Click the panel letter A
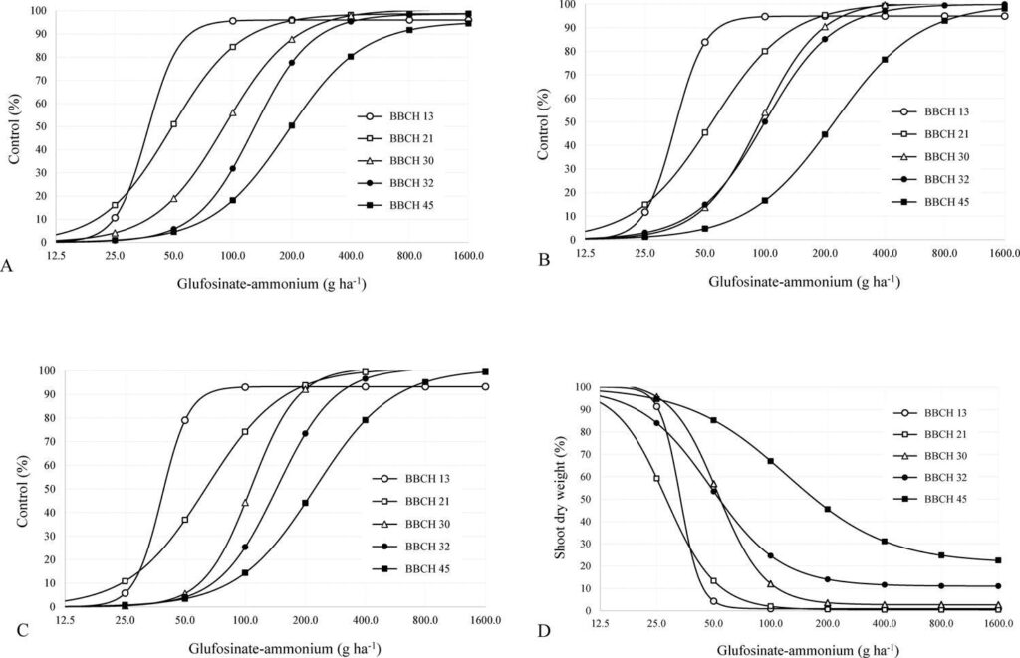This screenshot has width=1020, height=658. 8,265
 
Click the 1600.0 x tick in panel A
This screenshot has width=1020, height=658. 467,255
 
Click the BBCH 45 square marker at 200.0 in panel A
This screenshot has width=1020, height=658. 292,125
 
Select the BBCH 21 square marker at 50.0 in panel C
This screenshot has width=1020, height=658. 185,520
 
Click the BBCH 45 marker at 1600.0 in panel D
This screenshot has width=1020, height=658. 998,560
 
